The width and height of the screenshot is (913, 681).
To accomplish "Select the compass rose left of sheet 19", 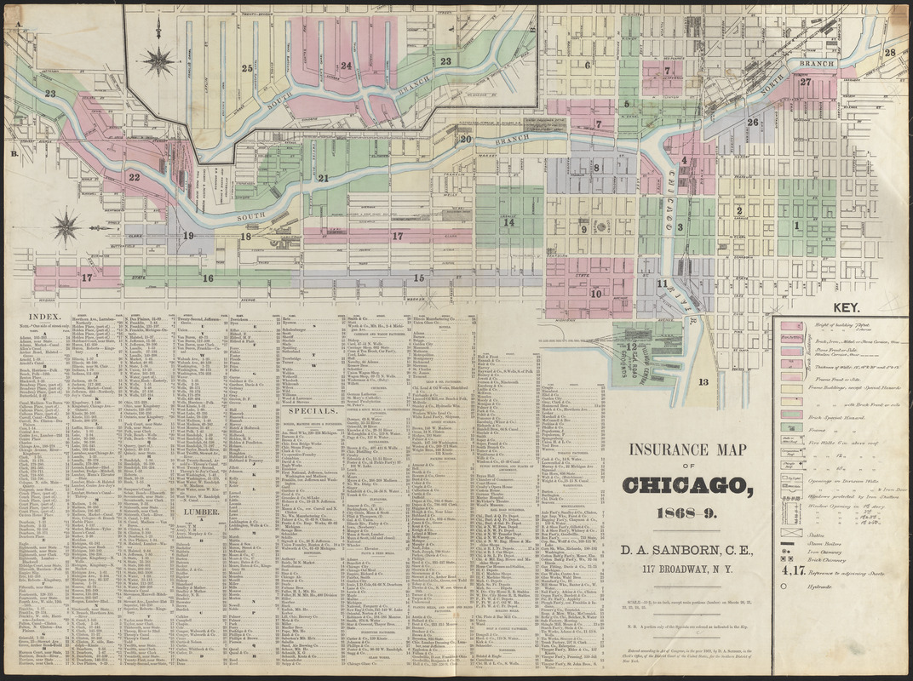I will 66,227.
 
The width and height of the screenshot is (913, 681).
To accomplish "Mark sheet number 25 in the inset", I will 247,68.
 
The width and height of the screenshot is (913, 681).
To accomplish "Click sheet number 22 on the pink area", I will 134,177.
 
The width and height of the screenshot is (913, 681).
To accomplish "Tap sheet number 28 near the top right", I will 889,53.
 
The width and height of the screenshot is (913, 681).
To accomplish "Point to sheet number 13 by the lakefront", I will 702,381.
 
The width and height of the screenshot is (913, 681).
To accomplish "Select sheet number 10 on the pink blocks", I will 595,294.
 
